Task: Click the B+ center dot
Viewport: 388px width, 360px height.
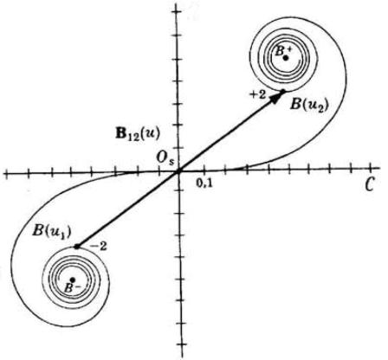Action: click(286, 58)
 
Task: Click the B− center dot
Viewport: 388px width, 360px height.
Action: click(73, 280)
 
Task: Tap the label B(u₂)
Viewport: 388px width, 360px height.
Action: click(309, 105)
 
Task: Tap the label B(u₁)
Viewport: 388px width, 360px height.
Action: click(52, 232)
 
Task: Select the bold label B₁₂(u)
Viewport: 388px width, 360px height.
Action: click(138, 135)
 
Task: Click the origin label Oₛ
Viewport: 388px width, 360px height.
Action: click(165, 158)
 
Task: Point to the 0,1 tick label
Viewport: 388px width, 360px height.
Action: click(204, 183)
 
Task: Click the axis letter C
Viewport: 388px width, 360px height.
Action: click(369, 184)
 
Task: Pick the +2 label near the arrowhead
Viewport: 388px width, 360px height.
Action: click(258, 95)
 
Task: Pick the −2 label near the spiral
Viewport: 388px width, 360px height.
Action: click(99, 247)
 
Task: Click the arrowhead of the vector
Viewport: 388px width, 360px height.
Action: click(278, 97)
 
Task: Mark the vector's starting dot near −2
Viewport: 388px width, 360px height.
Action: click(77, 247)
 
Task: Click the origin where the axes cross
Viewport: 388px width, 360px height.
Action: click(178, 172)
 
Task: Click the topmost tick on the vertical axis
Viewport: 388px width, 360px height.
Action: click(177, 12)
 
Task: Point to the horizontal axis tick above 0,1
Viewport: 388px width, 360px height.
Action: click(204, 170)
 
